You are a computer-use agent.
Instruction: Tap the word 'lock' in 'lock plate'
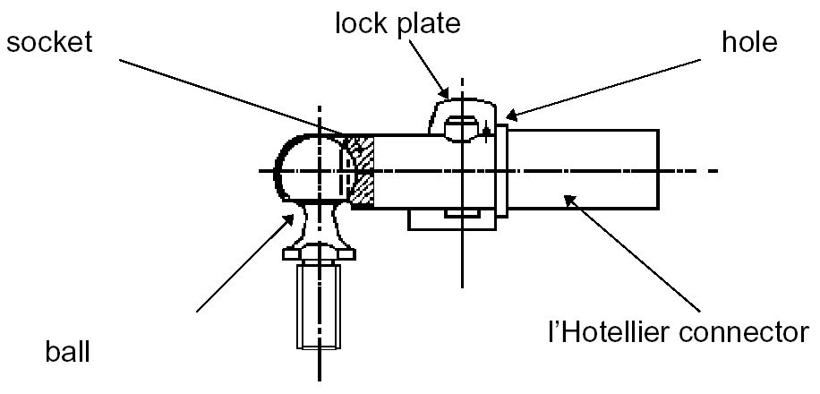click(357, 22)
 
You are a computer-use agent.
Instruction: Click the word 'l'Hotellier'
click(611, 333)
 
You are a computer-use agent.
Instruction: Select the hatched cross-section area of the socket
click(361, 170)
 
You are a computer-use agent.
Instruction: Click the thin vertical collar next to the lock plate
click(503, 169)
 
